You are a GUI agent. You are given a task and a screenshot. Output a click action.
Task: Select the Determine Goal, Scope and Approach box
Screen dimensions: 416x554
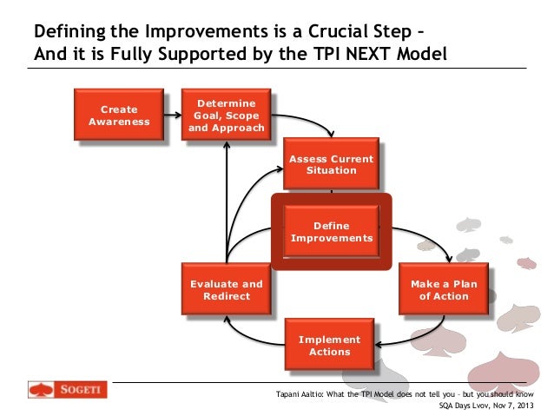tap(226, 115)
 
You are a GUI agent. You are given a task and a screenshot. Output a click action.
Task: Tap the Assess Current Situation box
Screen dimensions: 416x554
tap(331, 164)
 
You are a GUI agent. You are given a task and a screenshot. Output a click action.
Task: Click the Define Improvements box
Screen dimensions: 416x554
tap(331, 232)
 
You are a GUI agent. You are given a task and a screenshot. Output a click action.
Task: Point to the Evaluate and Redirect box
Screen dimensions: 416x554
tap(226, 290)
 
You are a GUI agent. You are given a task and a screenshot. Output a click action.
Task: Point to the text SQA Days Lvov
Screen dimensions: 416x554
tap(470, 403)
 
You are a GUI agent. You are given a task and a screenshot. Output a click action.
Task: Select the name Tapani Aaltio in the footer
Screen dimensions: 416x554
tap(300, 391)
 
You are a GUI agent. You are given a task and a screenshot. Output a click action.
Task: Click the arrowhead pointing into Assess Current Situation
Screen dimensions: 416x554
tap(331, 134)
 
